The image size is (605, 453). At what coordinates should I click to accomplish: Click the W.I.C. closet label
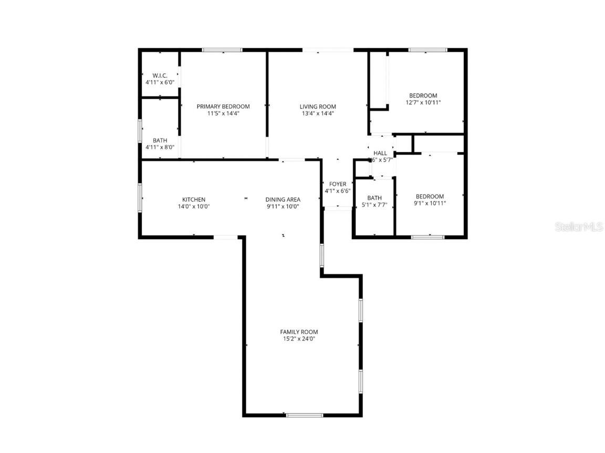160,75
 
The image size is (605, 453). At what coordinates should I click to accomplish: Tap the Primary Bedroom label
223,106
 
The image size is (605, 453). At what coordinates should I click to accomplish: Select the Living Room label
318,106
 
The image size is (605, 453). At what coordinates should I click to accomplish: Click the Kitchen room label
194,199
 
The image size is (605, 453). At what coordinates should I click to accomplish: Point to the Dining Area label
283,199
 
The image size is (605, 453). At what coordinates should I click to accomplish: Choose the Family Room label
299,332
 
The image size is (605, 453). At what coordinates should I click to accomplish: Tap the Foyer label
338,184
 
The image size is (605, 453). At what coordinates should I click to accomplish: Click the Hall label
380,153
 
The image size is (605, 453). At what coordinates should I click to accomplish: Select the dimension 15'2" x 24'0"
299,339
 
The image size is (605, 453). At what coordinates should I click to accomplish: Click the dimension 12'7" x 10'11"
423,103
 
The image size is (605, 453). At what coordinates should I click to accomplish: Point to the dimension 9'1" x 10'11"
430,203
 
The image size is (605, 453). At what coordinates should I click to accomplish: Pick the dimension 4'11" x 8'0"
160,147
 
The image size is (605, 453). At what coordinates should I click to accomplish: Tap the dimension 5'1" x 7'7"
374,205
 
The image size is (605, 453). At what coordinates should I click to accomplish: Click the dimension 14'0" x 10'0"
194,207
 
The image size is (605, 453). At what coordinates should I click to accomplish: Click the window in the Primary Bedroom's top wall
223,50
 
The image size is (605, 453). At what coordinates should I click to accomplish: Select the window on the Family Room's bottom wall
305,415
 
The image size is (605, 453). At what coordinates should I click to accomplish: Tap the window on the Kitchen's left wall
140,198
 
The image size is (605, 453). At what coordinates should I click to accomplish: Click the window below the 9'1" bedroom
427,237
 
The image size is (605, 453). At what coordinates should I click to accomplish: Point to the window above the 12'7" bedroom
428,50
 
